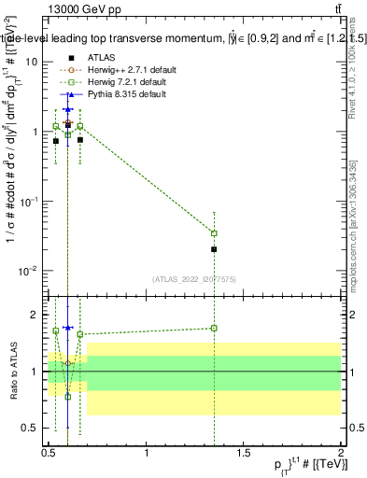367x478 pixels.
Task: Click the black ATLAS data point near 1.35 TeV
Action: point(215,249)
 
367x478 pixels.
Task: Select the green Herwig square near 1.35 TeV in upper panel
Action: point(215,233)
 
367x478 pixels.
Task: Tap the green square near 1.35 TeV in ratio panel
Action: point(215,328)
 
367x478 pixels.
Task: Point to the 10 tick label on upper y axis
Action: point(31,62)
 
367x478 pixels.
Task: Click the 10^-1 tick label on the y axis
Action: point(28,201)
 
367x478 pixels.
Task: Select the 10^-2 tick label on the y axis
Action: point(28,271)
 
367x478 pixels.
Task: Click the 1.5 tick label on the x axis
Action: point(244,453)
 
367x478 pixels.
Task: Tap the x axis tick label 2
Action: point(341,453)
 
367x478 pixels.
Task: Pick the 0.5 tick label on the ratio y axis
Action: point(30,428)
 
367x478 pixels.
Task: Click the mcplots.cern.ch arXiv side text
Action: point(352,215)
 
